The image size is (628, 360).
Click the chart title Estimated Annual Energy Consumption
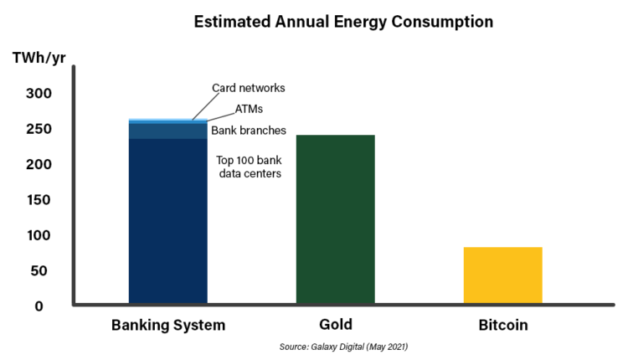[x=343, y=22]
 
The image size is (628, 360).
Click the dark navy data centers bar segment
[x=167, y=222]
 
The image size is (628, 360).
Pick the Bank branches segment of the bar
[x=167, y=131]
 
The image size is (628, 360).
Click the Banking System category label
[x=168, y=325]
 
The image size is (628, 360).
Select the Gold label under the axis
[x=335, y=325]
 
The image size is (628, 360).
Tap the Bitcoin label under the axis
[x=502, y=325]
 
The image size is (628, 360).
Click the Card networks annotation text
[x=249, y=88]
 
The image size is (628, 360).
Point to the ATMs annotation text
[x=249, y=109]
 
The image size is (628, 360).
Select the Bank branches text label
[x=249, y=131]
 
